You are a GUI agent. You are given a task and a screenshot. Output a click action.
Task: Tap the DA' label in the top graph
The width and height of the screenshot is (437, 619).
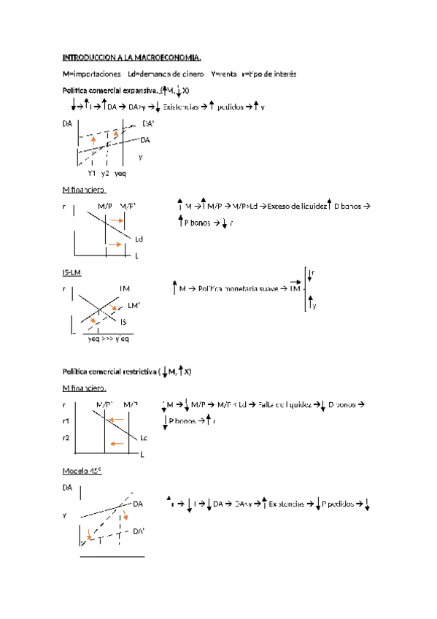coord(148,123)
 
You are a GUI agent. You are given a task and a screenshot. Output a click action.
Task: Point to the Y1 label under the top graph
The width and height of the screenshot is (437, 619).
coord(92,173)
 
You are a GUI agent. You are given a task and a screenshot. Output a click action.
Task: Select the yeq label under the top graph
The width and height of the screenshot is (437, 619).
coord(120,173)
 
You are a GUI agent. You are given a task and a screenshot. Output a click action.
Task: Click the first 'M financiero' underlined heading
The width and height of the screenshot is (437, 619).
coord(83,190)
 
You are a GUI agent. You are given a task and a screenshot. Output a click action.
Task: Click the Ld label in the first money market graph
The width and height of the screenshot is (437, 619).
coord(139,239)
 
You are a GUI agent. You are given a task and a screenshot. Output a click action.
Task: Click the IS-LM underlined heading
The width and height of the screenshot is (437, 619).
coord(72,272)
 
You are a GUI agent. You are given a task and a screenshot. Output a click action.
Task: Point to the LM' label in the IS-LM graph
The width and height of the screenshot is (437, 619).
coord(134,305)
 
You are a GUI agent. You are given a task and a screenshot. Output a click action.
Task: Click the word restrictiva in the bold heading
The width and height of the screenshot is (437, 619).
coord(133,372)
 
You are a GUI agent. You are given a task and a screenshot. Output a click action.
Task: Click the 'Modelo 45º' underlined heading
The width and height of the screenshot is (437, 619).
coord(82,471)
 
